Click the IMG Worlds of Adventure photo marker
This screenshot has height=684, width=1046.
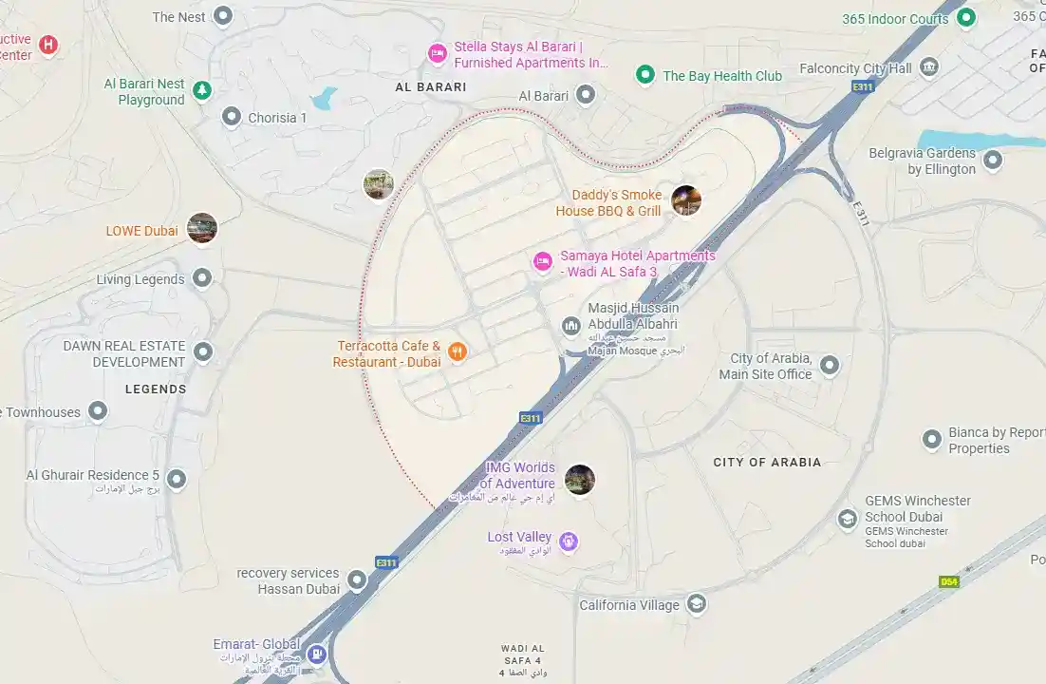coord(579,480)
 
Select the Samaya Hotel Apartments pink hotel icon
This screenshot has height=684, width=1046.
coord(543,261)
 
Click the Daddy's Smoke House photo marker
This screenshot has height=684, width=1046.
coord(686,200)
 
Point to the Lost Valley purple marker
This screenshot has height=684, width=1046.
coord(568,541)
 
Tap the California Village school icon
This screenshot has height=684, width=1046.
coord(697,604)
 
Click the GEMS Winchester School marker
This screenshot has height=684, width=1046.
coord(848,520)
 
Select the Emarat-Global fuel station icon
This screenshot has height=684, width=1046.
coord(317,654)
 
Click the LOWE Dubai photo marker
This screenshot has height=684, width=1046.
coord(202,228)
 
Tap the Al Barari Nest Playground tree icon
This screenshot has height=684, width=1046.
coord(202,90)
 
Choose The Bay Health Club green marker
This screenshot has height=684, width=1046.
coord(645,74)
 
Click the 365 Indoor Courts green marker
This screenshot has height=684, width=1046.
coord(966,17)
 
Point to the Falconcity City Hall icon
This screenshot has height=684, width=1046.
coord(929,67)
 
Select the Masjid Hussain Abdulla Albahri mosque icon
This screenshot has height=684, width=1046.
coord(571,327)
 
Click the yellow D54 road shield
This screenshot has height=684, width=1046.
coord(948,581)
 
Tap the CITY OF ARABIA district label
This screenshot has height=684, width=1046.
coord(767,463)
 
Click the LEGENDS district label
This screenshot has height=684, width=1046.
coord(156,389)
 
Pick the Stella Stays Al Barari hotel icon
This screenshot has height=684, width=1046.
coord(437,53)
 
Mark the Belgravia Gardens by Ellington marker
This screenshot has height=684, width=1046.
coord(993,160)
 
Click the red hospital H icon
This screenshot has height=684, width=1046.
coord(47,44)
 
